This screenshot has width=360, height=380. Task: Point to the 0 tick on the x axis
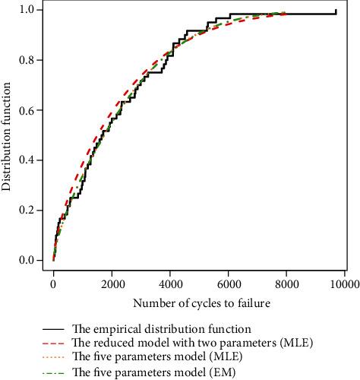pos(53,283)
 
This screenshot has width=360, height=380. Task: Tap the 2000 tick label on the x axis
pos(112,283)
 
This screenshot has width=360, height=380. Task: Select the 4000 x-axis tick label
pos(170,283)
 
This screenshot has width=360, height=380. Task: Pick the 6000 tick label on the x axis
pos(229,283)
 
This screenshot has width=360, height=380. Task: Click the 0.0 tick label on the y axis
pos(26,261)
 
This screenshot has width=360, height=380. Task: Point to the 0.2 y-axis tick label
pos(26,211)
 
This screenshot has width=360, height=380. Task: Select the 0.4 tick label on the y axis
pos(26,160)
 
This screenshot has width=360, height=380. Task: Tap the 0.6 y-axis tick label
pos(26,110)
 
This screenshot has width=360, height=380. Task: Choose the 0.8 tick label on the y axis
pos(26,60)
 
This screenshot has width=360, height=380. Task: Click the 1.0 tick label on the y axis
pos(26,10)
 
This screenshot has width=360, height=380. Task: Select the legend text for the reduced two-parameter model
pos(193,344)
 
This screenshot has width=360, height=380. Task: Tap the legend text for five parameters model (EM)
pos(153,372)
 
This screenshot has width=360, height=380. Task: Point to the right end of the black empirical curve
pos(336,11)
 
